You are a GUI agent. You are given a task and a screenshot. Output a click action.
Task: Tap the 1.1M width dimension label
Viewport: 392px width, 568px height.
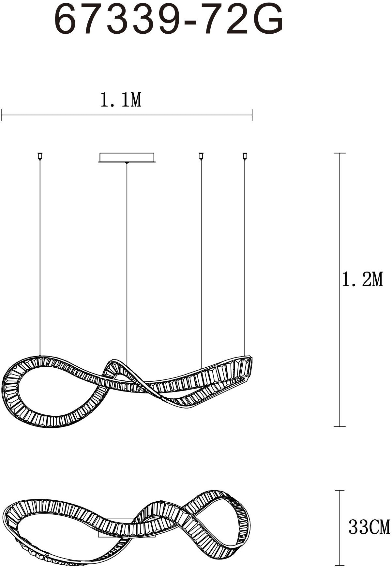(121, 100)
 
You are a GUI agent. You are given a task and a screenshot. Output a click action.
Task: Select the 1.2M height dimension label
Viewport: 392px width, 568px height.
(362, 279)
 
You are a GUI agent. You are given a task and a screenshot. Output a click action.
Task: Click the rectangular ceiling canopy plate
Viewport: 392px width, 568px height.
(127, 157)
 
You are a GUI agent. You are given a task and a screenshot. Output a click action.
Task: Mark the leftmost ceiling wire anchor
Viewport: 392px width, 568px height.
(40, 156)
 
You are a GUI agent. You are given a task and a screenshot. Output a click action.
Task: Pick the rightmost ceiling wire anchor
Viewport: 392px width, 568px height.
(245, 156)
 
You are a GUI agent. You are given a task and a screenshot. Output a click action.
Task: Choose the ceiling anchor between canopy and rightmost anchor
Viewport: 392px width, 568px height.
(201, 156)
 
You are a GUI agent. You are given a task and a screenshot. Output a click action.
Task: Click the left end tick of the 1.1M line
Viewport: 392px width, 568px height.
(2, 115)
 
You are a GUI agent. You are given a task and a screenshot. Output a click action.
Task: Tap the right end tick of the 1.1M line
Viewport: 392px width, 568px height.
(252, 115)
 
